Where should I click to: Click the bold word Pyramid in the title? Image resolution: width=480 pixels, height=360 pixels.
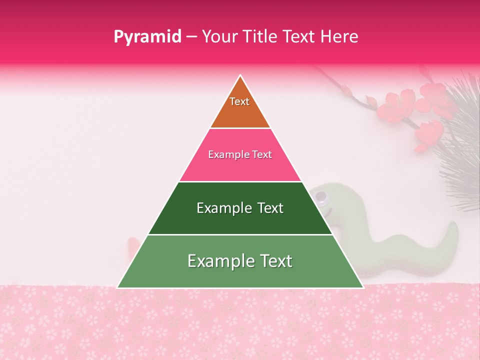click(x=147, y=37)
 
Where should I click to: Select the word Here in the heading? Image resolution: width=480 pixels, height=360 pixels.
click(x=340, y=36)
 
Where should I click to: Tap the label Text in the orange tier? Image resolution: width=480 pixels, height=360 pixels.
click(x=239, y=101)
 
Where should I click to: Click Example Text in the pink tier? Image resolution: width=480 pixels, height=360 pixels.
click(x=240, y=154)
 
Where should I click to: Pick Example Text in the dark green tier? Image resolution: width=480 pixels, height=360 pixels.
click(x=240, y=208)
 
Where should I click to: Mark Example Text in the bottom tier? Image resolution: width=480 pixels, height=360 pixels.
click(x=240, y=261)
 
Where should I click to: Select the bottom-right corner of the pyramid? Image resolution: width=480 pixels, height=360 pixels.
click(x=363, y=287)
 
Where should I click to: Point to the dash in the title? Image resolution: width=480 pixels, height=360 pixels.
click(x=191, y=37)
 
